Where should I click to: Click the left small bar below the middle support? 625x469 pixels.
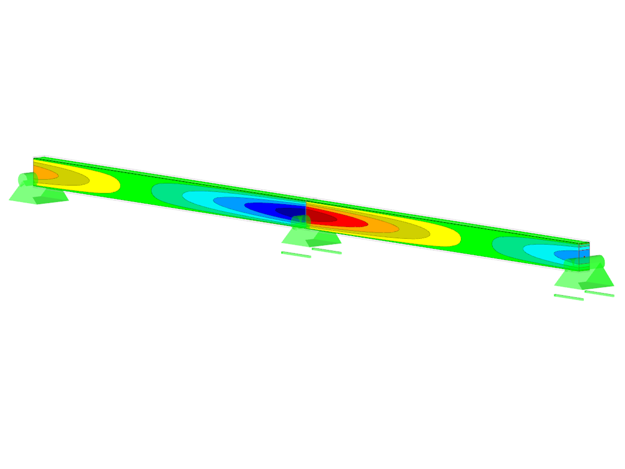(296, 255)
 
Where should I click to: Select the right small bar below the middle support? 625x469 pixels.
(327, 251)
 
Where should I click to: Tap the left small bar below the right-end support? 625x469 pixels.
(569, 298)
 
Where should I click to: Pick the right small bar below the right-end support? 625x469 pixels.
(599, 294)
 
